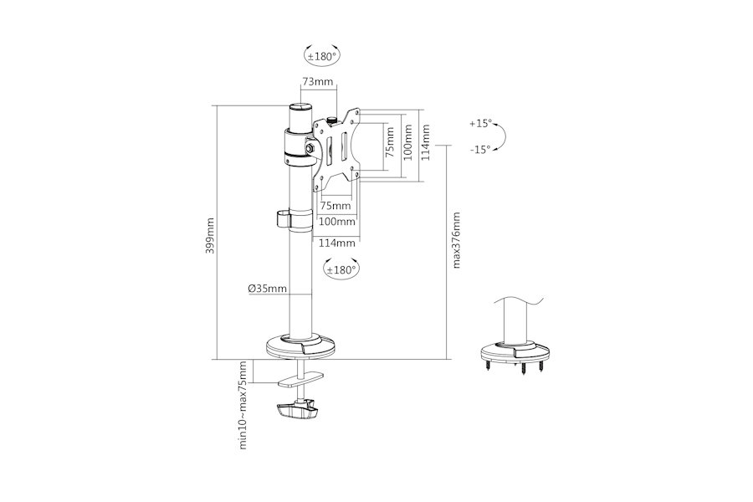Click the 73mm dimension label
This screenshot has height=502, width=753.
point(317,82)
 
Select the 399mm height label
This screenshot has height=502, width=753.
point(210,236)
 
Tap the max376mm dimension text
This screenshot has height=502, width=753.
point(456,240)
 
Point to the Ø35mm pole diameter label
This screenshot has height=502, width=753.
point(268,289)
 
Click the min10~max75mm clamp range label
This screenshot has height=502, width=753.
point(243,405)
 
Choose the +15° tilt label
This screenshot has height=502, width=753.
point(481,124)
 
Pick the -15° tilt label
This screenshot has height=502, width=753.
point(480,150)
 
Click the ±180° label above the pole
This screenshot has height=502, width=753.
point(322,57)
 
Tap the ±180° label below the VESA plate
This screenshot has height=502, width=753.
point(341,270)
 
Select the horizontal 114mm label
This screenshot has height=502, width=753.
point(337,243)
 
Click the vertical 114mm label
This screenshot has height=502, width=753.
point(425,142)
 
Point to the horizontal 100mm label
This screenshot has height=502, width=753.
point(337,222)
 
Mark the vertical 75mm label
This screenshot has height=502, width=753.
point(390,142)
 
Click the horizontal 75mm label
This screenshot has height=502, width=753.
point(336,206)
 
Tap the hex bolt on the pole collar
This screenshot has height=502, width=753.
point(310,146)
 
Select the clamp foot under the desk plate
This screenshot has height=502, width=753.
point(297,411)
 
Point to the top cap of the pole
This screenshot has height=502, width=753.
point(300,106)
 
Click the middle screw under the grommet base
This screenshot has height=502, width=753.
point(522,367)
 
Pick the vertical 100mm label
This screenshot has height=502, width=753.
point(407,142)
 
